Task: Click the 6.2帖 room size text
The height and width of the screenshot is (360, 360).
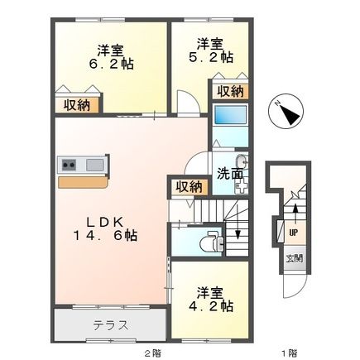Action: (113, 63)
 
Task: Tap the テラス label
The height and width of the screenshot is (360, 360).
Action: (110, 324)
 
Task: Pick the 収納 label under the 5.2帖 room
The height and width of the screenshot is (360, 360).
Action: (230, 91)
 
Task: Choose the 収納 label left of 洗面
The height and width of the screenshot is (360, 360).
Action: (188, 185)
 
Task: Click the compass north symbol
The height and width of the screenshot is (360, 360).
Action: (289, 113)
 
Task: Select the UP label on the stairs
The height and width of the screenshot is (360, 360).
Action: (294, 233)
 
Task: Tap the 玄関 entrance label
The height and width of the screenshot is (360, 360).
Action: (295, 258)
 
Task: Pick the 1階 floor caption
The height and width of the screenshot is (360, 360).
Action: (288, 353)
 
